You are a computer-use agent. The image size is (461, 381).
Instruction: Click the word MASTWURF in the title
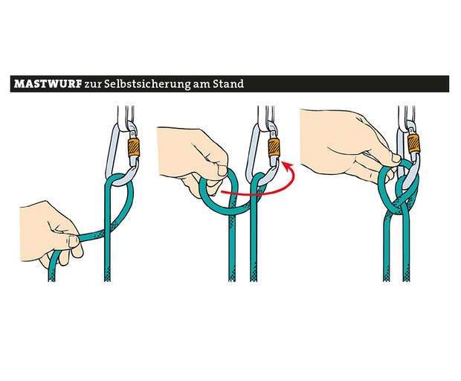pos(48,84)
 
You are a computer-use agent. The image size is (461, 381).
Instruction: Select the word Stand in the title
pos(228,84)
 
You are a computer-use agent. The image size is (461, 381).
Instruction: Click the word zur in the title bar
pos(92,85)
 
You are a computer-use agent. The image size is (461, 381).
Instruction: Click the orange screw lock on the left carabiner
pos(134,147)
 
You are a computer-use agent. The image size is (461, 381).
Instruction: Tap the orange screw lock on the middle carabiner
pos(274,147)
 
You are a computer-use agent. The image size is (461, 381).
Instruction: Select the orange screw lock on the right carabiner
pos(414,144)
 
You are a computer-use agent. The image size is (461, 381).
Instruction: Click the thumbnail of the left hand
pos(73,242)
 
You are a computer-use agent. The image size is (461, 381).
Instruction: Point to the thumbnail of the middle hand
pos(222,170)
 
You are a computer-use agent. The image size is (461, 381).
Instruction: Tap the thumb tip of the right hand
pos(396,159)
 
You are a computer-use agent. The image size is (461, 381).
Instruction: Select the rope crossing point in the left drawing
pos(107,228)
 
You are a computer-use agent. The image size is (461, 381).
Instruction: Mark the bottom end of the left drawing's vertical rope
pos(107,281)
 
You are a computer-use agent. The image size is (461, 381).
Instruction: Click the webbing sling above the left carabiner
pos(126,115)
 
